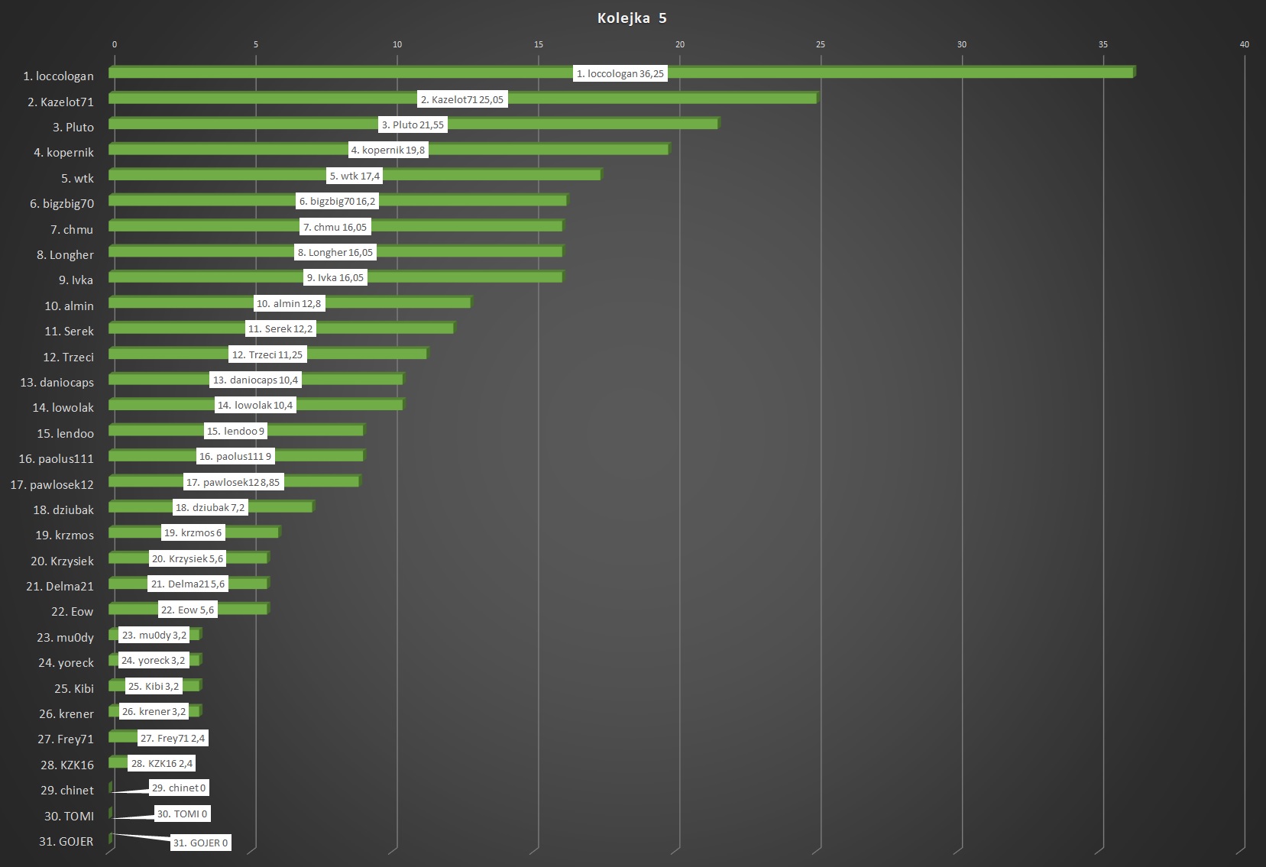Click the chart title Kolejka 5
[632, 18]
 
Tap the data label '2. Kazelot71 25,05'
[462, 99]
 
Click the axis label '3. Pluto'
[73, 128]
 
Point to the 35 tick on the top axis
[1103, 44]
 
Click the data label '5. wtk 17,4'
[355, 176]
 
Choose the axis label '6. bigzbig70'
[62, 204]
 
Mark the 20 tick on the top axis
[680, 44]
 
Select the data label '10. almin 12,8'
[289, 303]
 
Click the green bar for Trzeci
[367, 354]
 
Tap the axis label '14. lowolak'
[63, 408]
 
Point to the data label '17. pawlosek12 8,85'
[233, 482]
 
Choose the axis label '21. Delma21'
[60, 587]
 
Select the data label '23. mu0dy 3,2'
[154, 635]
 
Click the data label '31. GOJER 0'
[200, 843]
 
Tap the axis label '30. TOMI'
[69, 817]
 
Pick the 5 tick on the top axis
[256, 44]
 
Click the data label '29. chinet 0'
[179, 788]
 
